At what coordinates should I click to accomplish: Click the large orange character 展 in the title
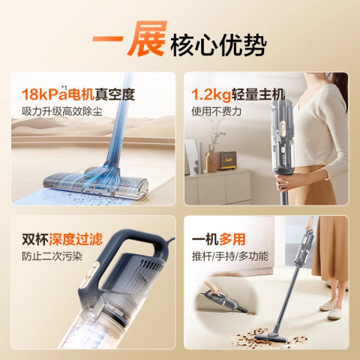pyautogui.click(x=147, y=38)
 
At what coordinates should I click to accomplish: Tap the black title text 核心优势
pyautogui.click(x=218, y=45)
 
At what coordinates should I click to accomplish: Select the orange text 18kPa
pyautogui.click(x=44, y=94)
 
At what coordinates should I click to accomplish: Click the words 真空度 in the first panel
pyautogui.click(x=115, y=94)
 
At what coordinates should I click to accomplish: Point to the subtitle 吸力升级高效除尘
pyautogui.click(x=62, y=111)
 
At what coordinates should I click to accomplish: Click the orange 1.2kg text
pyautogui.click(x=211, y=94)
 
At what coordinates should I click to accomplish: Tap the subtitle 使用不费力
pyautogui.click(x=216, y=111)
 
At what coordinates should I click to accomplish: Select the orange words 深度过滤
pyautogui.click(x=76, y=239)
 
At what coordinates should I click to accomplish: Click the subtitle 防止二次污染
pyautogui.click(x=52, y=256)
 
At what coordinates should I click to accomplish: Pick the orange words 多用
pyautogui.click(x=232, y=239)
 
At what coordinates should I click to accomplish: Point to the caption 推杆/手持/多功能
pyautogui.click(x=230, y=256)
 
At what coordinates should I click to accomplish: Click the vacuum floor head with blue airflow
pyautogui.click(x=96, y=182)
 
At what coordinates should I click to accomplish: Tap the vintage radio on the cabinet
pyautogui.click(x=226, y=161)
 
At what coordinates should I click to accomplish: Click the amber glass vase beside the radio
pyautogui.click(x=211, y=162)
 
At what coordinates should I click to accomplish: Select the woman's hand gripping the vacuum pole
pyautogui.click(x=287, y=181)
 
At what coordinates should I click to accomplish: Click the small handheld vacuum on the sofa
pyautogui.click(x=223, y=301)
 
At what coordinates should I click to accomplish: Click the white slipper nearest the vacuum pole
pyautogui.click(x=328, y=306)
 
